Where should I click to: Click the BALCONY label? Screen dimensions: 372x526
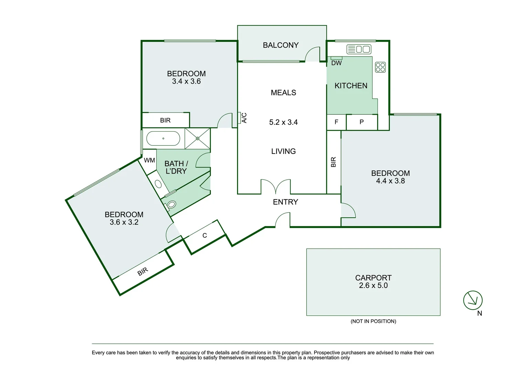(280, 45)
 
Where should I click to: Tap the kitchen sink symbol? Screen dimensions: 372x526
(358, 49)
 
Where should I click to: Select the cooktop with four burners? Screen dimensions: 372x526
(380, 67)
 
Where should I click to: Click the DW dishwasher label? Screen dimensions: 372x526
(336, 63)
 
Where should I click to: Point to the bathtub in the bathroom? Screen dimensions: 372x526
(163, 138)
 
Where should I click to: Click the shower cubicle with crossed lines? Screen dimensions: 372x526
(197, 138)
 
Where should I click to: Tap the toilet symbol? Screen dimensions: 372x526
(170, 205)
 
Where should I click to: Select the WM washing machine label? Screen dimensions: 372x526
(149, 160)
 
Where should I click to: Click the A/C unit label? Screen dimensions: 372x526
(244, 118)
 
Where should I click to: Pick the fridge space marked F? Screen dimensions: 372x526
(336, 122)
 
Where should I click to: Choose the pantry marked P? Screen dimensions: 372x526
(362, 122)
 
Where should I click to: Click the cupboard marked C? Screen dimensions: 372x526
(205, 236)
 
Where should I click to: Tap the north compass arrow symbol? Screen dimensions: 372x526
(473, 300)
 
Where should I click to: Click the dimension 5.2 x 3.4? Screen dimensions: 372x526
(283, 122)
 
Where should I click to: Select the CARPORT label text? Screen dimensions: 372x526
(373, 278)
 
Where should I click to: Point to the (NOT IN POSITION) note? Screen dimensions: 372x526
(373, 321)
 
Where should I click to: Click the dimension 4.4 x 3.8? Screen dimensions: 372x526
(390, 181)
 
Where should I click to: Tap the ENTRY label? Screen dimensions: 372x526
(285, 202)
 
